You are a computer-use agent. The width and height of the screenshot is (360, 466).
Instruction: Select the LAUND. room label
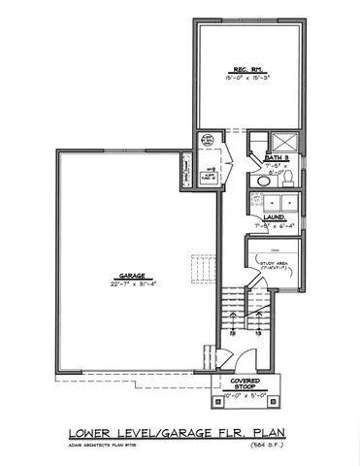point(273,217)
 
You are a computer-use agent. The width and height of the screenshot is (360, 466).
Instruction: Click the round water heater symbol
point(207,142)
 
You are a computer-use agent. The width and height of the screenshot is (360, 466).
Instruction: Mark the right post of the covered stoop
point(278,398)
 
